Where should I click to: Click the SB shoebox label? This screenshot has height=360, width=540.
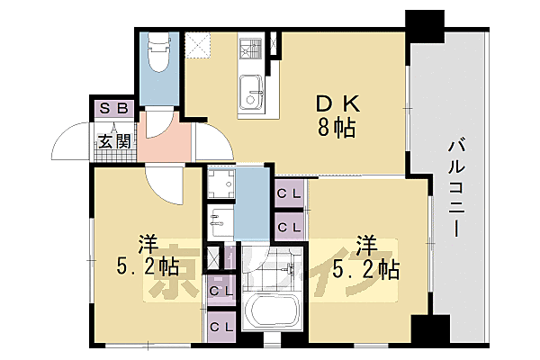116,109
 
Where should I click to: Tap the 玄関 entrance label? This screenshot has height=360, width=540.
114,141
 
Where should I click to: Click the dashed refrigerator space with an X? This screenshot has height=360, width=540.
195,43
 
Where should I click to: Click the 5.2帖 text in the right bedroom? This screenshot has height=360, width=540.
365,268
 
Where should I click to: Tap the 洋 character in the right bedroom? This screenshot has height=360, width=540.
364,243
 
